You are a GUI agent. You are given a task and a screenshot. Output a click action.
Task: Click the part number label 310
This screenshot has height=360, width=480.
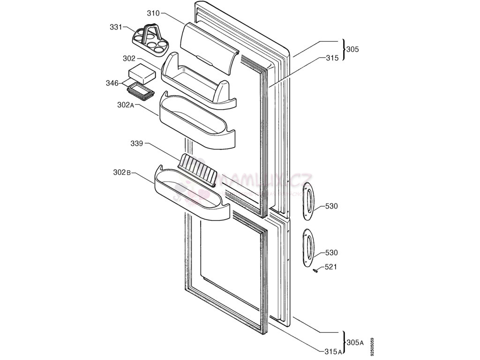tap(153, 13)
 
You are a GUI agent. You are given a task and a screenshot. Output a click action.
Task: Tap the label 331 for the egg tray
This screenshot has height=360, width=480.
tap(116, 27)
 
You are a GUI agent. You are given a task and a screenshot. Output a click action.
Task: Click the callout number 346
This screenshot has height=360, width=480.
tap(112, 83)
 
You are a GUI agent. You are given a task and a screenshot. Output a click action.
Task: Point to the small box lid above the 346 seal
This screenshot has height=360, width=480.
tap(142, 74)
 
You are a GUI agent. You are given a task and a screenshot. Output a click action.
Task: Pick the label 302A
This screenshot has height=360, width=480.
tap(126, 105)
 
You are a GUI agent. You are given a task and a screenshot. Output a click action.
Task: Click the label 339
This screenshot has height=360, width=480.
tap(137, 143)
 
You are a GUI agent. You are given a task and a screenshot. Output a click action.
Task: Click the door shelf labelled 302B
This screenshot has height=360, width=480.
tap(192, 196)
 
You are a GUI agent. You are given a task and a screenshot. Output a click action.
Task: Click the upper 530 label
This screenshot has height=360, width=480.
tap(331, 206)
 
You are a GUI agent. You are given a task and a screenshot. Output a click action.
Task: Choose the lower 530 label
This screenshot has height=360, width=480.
tap(331, 253)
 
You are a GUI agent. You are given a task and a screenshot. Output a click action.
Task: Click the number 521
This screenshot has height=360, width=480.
tap(331, 267)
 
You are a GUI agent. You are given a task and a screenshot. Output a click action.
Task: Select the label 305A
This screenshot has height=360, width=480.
tap(355, 342)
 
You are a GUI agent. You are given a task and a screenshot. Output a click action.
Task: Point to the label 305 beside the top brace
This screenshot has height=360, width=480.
tap(352, 49)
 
